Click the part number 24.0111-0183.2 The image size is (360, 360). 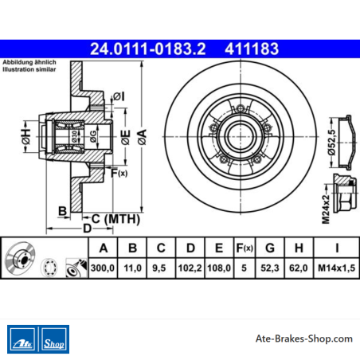(148, 49)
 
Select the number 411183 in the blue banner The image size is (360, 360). (252, 49)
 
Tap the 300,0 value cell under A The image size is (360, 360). (103, 268)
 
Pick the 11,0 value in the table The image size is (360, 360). (132, 268)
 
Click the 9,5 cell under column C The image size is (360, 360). (159, 268)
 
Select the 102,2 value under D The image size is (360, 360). (190, 268)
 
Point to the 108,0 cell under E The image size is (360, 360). (219, 268)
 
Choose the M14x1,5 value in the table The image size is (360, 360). (336, 268)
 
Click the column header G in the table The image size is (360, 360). (270, 248)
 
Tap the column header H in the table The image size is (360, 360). (299, 248)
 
